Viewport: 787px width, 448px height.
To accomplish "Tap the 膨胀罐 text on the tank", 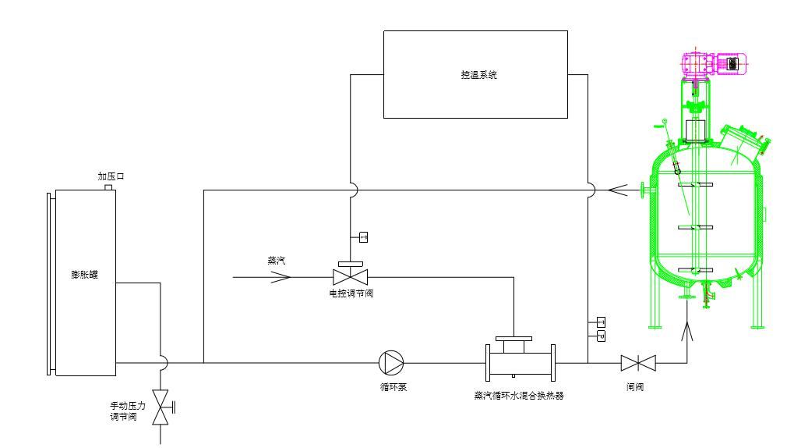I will [82, 275].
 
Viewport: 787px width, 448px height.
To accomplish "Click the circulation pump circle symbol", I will [391, 362].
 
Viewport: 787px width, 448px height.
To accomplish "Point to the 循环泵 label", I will [391, 386].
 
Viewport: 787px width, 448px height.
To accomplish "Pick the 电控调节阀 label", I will [350, 294].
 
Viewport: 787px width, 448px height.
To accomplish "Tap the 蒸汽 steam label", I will [277, 261].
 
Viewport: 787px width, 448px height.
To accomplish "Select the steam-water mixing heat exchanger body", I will [521, 361].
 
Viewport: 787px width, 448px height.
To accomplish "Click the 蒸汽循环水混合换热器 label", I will [519, 396].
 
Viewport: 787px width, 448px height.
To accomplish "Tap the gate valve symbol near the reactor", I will [638, 362].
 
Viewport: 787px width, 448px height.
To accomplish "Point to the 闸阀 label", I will [635, 386].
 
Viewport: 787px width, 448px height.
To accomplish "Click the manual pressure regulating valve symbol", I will [161, 407].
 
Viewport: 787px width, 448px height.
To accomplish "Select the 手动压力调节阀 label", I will [124, 411].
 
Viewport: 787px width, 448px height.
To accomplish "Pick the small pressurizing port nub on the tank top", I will [109, 187].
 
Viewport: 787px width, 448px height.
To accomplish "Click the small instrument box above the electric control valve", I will [362, 236].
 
